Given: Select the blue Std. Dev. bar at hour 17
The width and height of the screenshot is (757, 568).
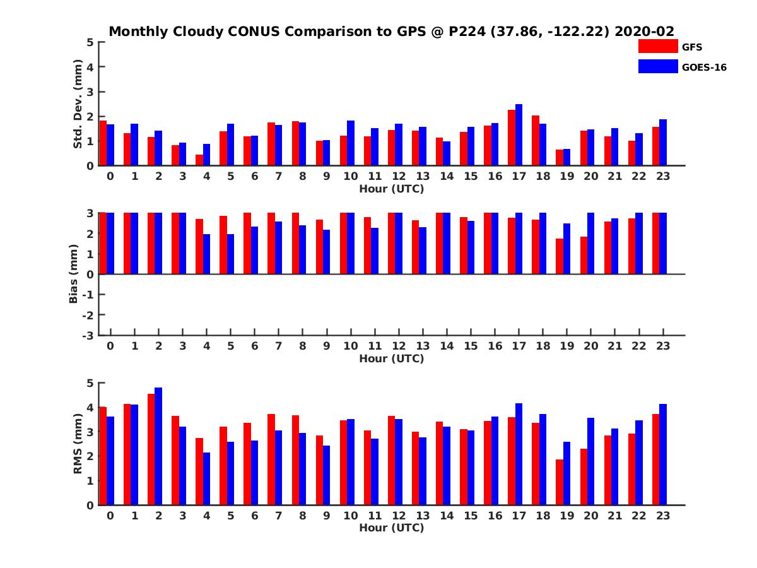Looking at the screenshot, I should coord(519,135).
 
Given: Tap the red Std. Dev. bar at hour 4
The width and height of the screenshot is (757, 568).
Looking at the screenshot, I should coord(199,160).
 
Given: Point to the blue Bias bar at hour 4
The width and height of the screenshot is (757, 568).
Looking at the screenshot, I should coord(207,254).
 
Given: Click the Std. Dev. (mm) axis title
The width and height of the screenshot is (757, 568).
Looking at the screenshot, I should coord(78,104).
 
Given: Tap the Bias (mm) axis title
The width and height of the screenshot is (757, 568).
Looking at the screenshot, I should coord(73,275).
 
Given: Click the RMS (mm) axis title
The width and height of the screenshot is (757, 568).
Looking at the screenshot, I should coord(78,444).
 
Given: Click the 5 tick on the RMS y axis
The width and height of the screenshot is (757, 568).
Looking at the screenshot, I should coord(90,383).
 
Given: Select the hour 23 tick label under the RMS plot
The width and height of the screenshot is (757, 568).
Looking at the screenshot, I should coord(663,516).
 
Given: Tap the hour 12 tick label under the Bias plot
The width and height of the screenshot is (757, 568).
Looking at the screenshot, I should coord(399,346).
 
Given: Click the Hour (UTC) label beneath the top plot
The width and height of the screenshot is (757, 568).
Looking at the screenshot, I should coord(391,189).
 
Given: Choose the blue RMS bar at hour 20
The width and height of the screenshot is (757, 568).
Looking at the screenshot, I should coord(591,461).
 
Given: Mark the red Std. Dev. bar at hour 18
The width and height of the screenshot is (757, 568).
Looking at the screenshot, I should coord(536,141).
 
